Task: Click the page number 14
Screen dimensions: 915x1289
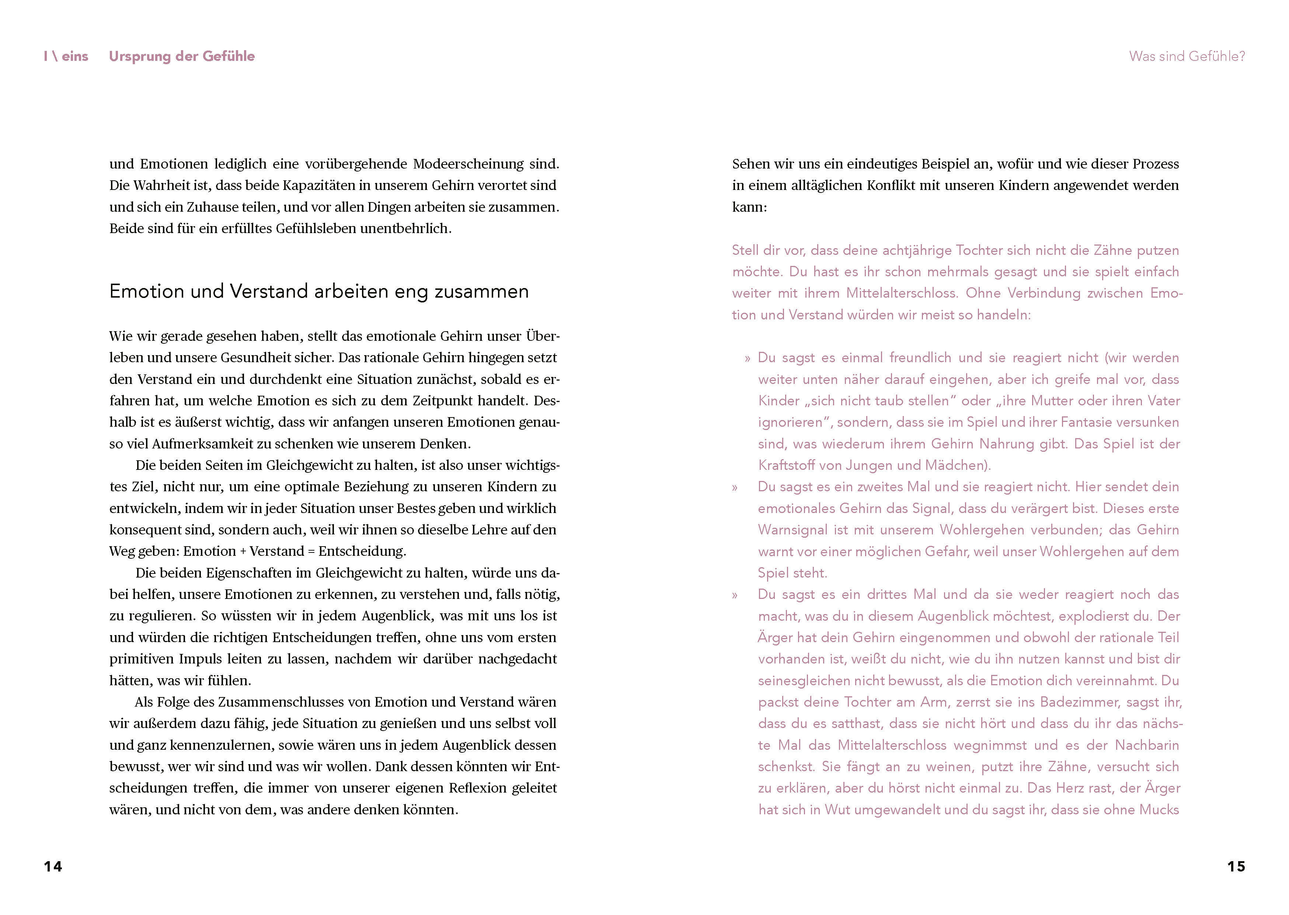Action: point(53,867)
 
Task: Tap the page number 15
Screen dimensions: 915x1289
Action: point(1236,867)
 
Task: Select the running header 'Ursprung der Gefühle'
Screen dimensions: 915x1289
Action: point(181,56)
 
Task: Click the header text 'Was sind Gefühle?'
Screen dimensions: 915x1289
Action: point(1187,56)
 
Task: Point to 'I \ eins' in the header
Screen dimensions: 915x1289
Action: point(66,56)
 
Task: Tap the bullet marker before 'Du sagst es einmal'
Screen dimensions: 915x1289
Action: point(747,359)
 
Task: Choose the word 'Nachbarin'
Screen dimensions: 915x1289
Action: point(1146,745)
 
